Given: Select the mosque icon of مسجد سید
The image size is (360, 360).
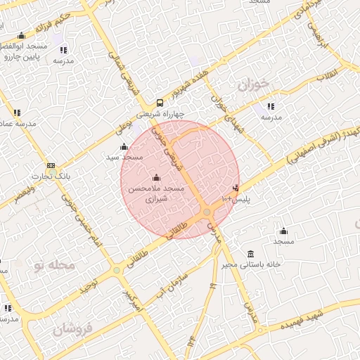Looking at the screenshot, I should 124,146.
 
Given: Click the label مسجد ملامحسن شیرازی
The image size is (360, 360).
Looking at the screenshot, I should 155,195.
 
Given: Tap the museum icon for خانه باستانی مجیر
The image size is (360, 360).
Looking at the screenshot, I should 250,254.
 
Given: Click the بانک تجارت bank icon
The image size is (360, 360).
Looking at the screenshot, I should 51,165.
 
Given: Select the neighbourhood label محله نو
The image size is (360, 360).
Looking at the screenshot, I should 53,265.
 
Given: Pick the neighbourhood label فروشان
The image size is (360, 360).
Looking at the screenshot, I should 72,329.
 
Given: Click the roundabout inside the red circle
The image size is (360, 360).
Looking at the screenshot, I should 207,212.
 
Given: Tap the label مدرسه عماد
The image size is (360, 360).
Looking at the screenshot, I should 17,124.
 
